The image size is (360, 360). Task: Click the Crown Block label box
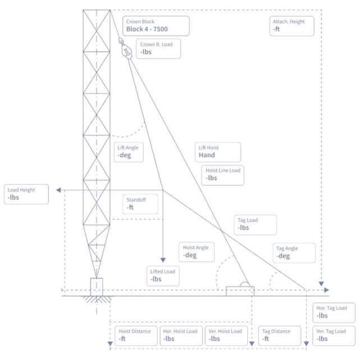pos(156,26)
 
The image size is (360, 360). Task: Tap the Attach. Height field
pos(292,25)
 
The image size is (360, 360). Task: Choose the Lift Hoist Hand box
pos(218,152)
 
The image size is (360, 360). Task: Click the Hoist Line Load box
pos(223,174)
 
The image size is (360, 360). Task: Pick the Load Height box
pos(26,194)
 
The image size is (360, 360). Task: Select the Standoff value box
pos(144,203)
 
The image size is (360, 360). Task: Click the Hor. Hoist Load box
pos(180,335)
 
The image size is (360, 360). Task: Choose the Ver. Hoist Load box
pos(225,335)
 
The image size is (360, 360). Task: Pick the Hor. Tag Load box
pos(334,312)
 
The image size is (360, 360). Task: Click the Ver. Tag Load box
pos(334,335)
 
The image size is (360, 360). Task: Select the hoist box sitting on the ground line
pos(240,290)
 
